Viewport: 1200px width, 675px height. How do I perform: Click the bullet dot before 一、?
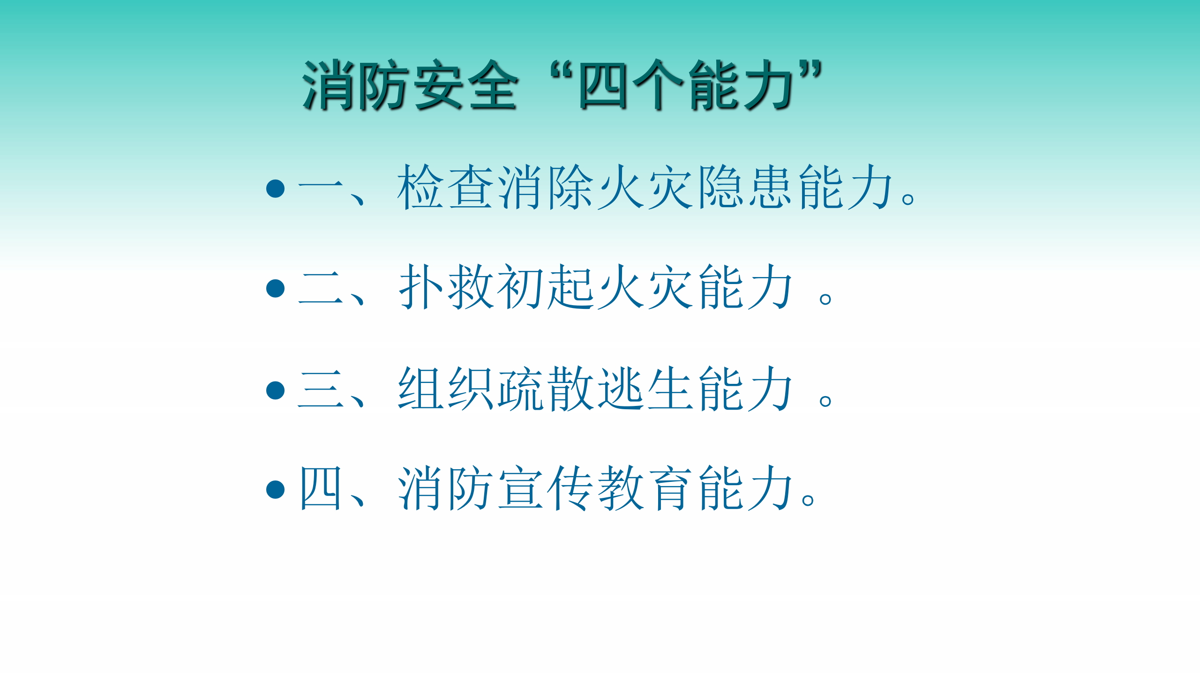point(276,188)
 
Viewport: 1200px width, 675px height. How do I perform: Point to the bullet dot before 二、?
point(276,288)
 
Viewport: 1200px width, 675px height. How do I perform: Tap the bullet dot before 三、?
point(276,390)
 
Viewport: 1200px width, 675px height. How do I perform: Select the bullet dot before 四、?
point(276,489)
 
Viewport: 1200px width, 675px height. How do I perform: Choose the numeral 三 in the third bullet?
point(321,389)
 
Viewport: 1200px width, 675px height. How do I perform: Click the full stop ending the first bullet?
point(908,199)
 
